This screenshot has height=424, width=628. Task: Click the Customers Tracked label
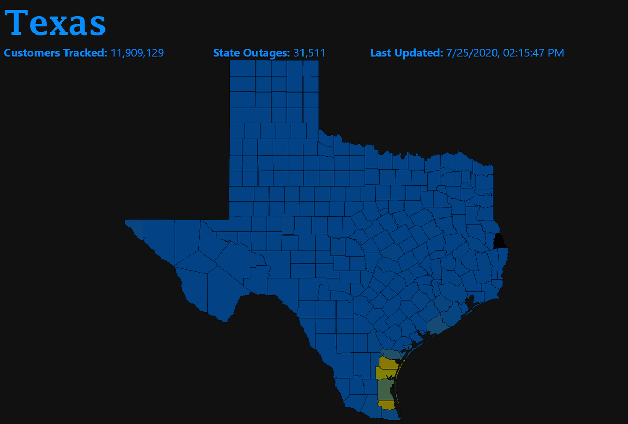(56, 53)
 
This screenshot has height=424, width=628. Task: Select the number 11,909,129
(138, 53)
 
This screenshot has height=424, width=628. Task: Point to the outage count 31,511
(309, 53)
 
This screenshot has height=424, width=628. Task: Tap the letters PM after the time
(556, 53)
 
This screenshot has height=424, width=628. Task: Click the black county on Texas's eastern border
(500, 242)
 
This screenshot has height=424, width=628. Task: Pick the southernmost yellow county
(387, 405)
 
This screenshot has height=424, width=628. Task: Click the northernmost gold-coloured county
(388, 363)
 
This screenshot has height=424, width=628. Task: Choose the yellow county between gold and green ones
(384, 373)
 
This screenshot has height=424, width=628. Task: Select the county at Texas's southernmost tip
(390, 415)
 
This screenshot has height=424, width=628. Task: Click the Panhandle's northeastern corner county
(310, 68)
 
